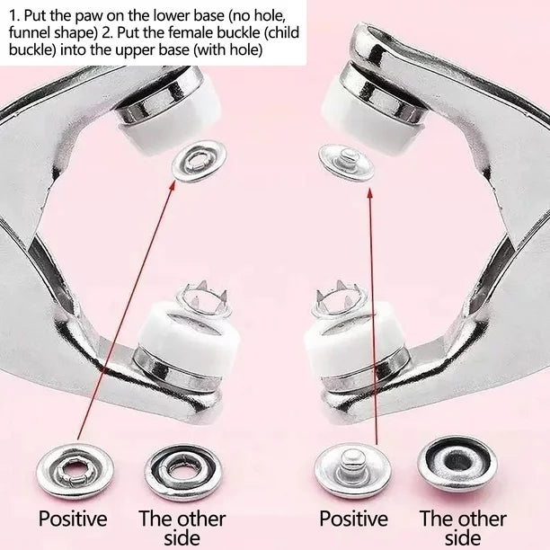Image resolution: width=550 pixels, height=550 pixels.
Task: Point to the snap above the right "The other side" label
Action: pyautogui.click(x=457, y=464)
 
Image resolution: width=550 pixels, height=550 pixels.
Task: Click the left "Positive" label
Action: pyautogui.click(x=72, y=519)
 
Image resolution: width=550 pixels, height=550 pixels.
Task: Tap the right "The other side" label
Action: pyautogui.click(x=463, y=528)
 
